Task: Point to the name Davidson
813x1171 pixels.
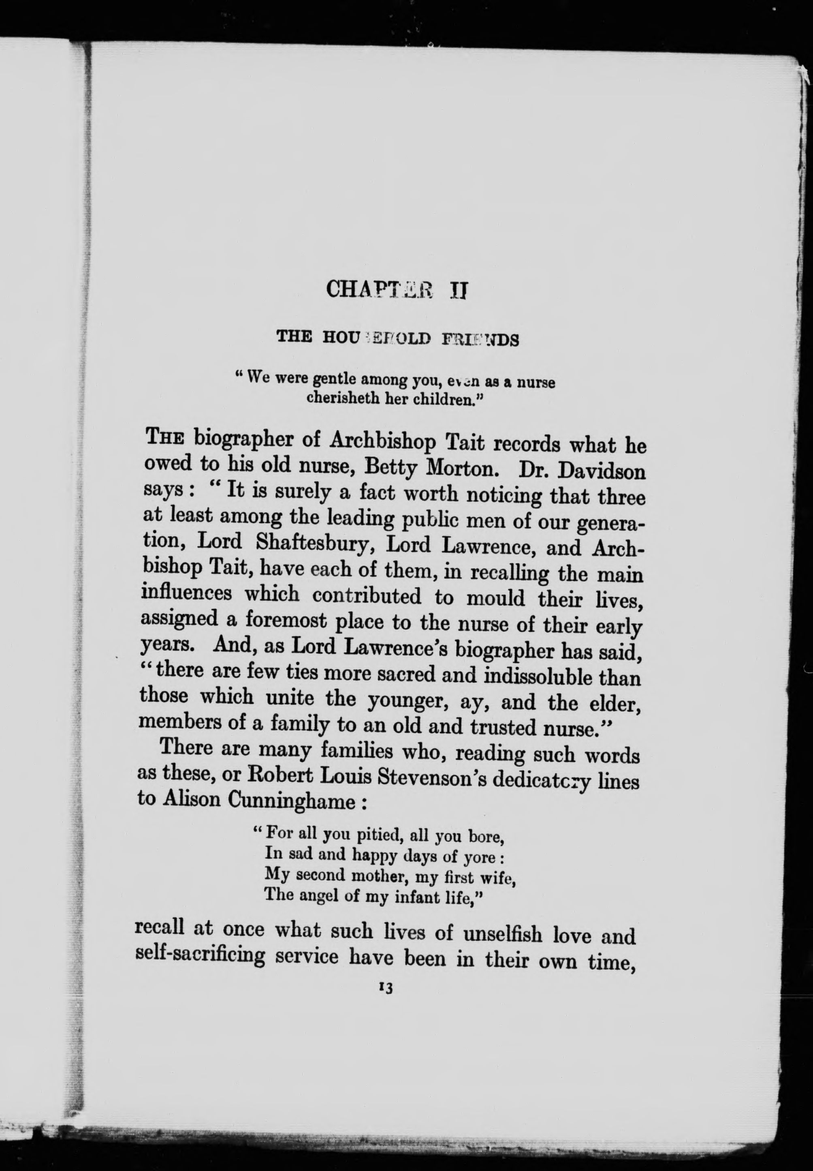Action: coord(602,471)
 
